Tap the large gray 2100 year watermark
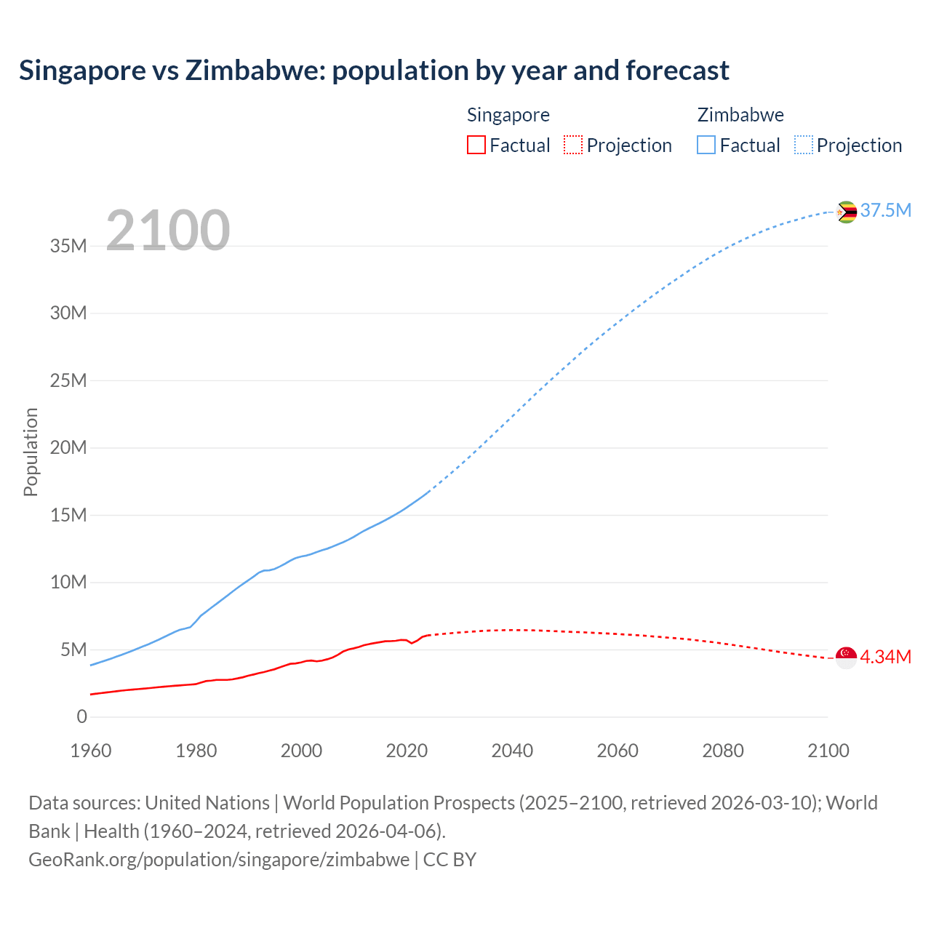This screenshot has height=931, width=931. click(x=168, y=231)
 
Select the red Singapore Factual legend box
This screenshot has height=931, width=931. click(x=476, y=145)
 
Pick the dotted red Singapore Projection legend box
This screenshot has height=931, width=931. click(x=573, y=145)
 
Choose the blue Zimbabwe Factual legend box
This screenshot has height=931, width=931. click(x=706, y=145)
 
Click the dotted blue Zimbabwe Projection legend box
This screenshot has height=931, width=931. click(x=803, y=145)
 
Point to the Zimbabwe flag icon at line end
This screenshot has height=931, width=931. click(x=846, y=212)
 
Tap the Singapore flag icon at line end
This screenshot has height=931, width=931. click(x=846, y=658)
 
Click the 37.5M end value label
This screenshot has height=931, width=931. click(x=885, y=211)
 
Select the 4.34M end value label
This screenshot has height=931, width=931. click(x=885, y=658)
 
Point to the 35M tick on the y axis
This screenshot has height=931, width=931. click(x=68, y=246)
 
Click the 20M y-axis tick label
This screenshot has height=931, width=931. click(x=68, y=448)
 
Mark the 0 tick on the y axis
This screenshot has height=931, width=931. click(x=81, y=717)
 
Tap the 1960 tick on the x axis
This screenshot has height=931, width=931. click(x=91, y=751)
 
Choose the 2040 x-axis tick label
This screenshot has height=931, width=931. click(x=512, y=751)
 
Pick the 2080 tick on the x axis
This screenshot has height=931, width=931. click(x=723, y=751)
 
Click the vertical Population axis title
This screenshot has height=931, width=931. click(x=31, y=452)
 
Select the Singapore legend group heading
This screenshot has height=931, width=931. click(x=508, y=115)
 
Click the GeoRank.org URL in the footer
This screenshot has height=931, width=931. click(x=219, y=860)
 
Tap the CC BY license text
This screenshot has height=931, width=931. click(x=449, y=860)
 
